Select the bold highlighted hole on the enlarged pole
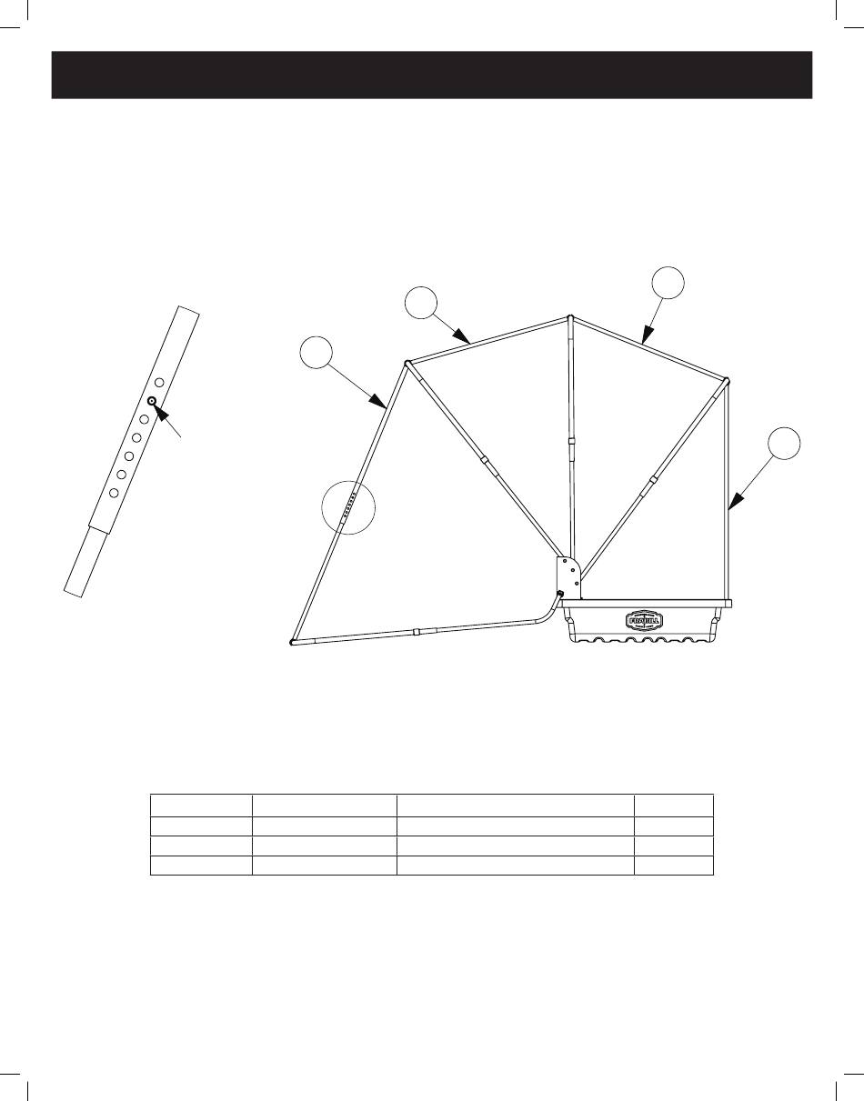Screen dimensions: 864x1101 click(152, 401)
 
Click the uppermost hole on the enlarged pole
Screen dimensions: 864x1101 click(160, 383)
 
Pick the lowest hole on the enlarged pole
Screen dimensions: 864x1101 click(114, 492)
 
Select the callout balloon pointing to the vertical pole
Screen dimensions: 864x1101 click(784, 445)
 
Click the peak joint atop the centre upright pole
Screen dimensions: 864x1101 click(569, 318)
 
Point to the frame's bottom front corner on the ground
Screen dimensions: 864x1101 click(291, 642)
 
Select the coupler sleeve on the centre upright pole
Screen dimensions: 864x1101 click(571, 441)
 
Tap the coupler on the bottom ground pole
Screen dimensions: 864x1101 click(415, 630)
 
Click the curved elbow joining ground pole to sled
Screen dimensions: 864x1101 click(548, 609)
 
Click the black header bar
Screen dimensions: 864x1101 click(431, 74)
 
